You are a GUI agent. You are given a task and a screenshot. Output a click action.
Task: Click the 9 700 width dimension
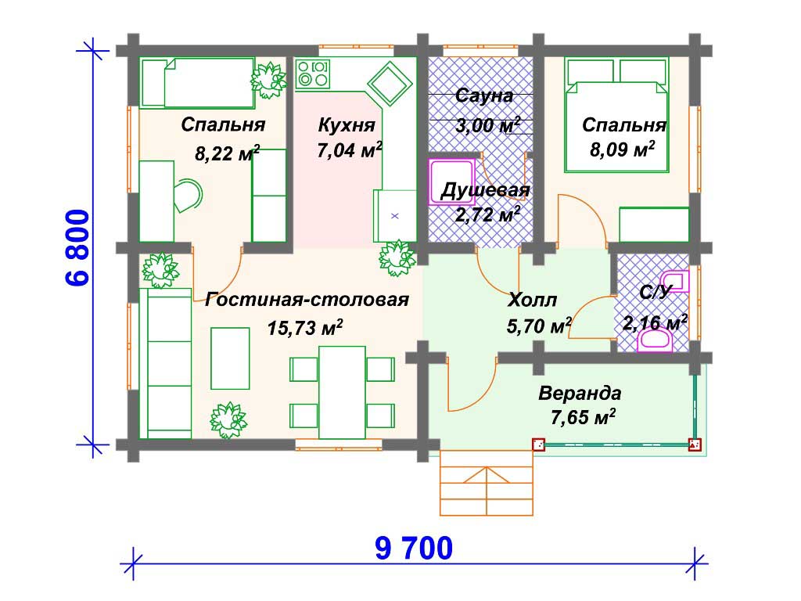[414, 548]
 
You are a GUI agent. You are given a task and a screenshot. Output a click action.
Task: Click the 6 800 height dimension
[78, 247]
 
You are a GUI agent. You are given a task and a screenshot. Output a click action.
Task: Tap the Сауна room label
[483, 95]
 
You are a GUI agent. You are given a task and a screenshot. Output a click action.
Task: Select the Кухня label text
[347, 124]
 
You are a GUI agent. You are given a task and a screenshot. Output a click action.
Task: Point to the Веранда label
[580, 394]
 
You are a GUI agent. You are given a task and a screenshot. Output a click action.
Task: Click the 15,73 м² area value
[304, 327]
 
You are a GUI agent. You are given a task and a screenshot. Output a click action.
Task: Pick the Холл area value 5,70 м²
[539, 325]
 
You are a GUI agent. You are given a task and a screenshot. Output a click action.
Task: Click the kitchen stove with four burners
[313, 74]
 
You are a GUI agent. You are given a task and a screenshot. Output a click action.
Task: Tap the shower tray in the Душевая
[451, 182]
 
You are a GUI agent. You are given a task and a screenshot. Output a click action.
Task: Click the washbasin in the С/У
[675, 281]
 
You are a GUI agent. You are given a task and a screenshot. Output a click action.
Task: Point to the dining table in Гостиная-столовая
[342, 392]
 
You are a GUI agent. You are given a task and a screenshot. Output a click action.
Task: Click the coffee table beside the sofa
[231, 358]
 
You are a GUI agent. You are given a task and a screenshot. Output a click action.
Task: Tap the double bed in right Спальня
[616, 116]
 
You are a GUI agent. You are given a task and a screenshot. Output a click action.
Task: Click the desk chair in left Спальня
[187, 195]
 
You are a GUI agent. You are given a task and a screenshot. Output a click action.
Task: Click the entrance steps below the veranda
[487, 482]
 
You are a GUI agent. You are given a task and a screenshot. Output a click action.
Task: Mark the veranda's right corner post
[695, 444]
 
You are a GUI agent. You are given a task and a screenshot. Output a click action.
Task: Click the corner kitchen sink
[390, 84]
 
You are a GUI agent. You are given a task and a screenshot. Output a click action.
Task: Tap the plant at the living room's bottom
[228, 419]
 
